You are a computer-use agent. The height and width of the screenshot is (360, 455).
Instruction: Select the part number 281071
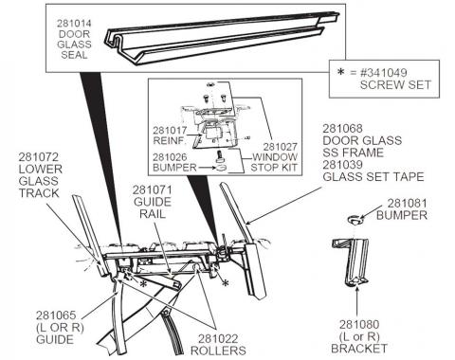[150, 190]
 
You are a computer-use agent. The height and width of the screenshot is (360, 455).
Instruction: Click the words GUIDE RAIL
[150, 209]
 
